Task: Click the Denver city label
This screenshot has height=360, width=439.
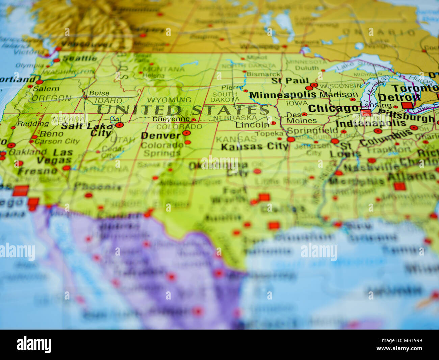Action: (161, 136)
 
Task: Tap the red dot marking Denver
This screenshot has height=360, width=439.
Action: (186, 133)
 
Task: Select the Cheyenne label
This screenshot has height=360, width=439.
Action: (171, 119)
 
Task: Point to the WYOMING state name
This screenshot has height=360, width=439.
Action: (169, 100)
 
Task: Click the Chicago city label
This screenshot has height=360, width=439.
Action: (333, 109)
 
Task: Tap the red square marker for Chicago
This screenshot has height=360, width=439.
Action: (366, 113)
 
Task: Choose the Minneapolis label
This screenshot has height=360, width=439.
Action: (283, 95)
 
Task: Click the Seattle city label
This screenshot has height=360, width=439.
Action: (80, 58)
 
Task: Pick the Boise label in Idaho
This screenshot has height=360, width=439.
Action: (99, 93)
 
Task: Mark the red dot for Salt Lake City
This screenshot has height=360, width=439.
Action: (119, 125)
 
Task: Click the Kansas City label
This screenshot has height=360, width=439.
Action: (255, 146)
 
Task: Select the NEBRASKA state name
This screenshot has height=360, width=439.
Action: (235, 118)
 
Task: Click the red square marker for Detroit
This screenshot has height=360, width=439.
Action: (407, 105)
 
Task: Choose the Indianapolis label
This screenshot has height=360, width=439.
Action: (370, 123)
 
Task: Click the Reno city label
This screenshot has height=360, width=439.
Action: (51, 134)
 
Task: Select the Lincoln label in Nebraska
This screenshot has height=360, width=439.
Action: (252, 125)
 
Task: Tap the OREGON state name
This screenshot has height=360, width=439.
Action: (52, 98)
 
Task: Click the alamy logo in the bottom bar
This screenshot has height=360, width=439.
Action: (34, 344)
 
